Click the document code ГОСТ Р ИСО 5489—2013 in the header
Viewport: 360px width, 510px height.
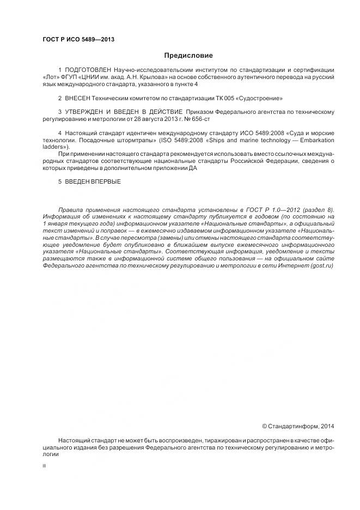(x=78, y=40)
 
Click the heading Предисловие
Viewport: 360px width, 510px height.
(x=188, y=56)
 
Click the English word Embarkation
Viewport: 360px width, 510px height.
(x=317, y=140)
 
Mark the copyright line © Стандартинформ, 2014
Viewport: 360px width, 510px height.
(x=298, y=426)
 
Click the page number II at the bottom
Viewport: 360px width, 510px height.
(x=44, y=466)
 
